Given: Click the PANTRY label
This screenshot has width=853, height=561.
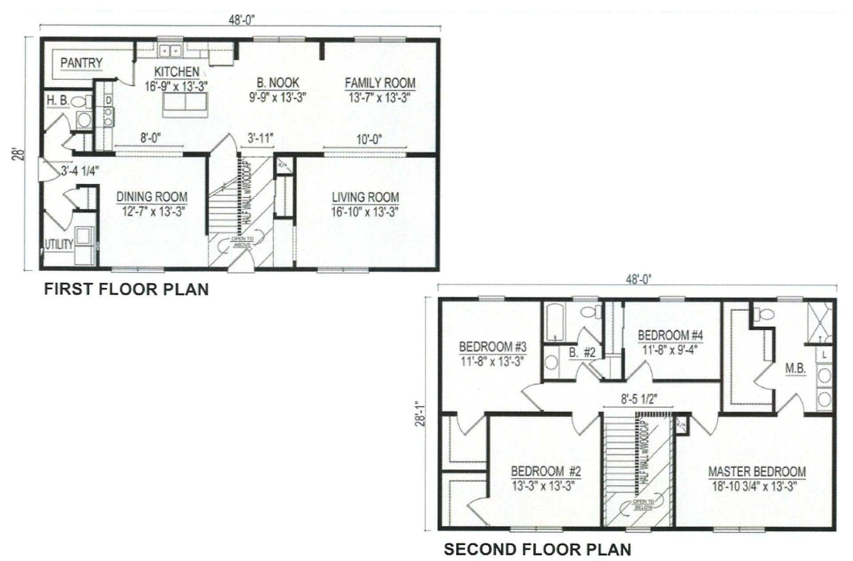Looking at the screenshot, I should (81, 63).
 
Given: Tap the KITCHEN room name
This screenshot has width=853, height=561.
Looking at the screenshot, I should (177, 71).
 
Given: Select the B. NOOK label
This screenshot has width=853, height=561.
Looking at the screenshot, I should (278, 83).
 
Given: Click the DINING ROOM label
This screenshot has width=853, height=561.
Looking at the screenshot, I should (152, 197).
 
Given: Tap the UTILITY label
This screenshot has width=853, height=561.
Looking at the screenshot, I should (59, 244).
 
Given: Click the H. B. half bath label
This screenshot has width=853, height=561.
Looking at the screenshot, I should (58, 101).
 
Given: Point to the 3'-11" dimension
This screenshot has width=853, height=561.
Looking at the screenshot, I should (260, 138).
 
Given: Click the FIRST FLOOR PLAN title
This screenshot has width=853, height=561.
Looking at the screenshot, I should (126, 289).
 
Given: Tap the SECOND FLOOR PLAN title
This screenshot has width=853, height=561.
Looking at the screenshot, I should (538, 549).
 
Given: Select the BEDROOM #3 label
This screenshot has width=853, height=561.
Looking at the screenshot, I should (493, 346).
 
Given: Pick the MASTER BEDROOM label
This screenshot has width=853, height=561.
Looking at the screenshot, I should (757, 471).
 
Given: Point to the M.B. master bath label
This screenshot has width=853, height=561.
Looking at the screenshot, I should (795, 368).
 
